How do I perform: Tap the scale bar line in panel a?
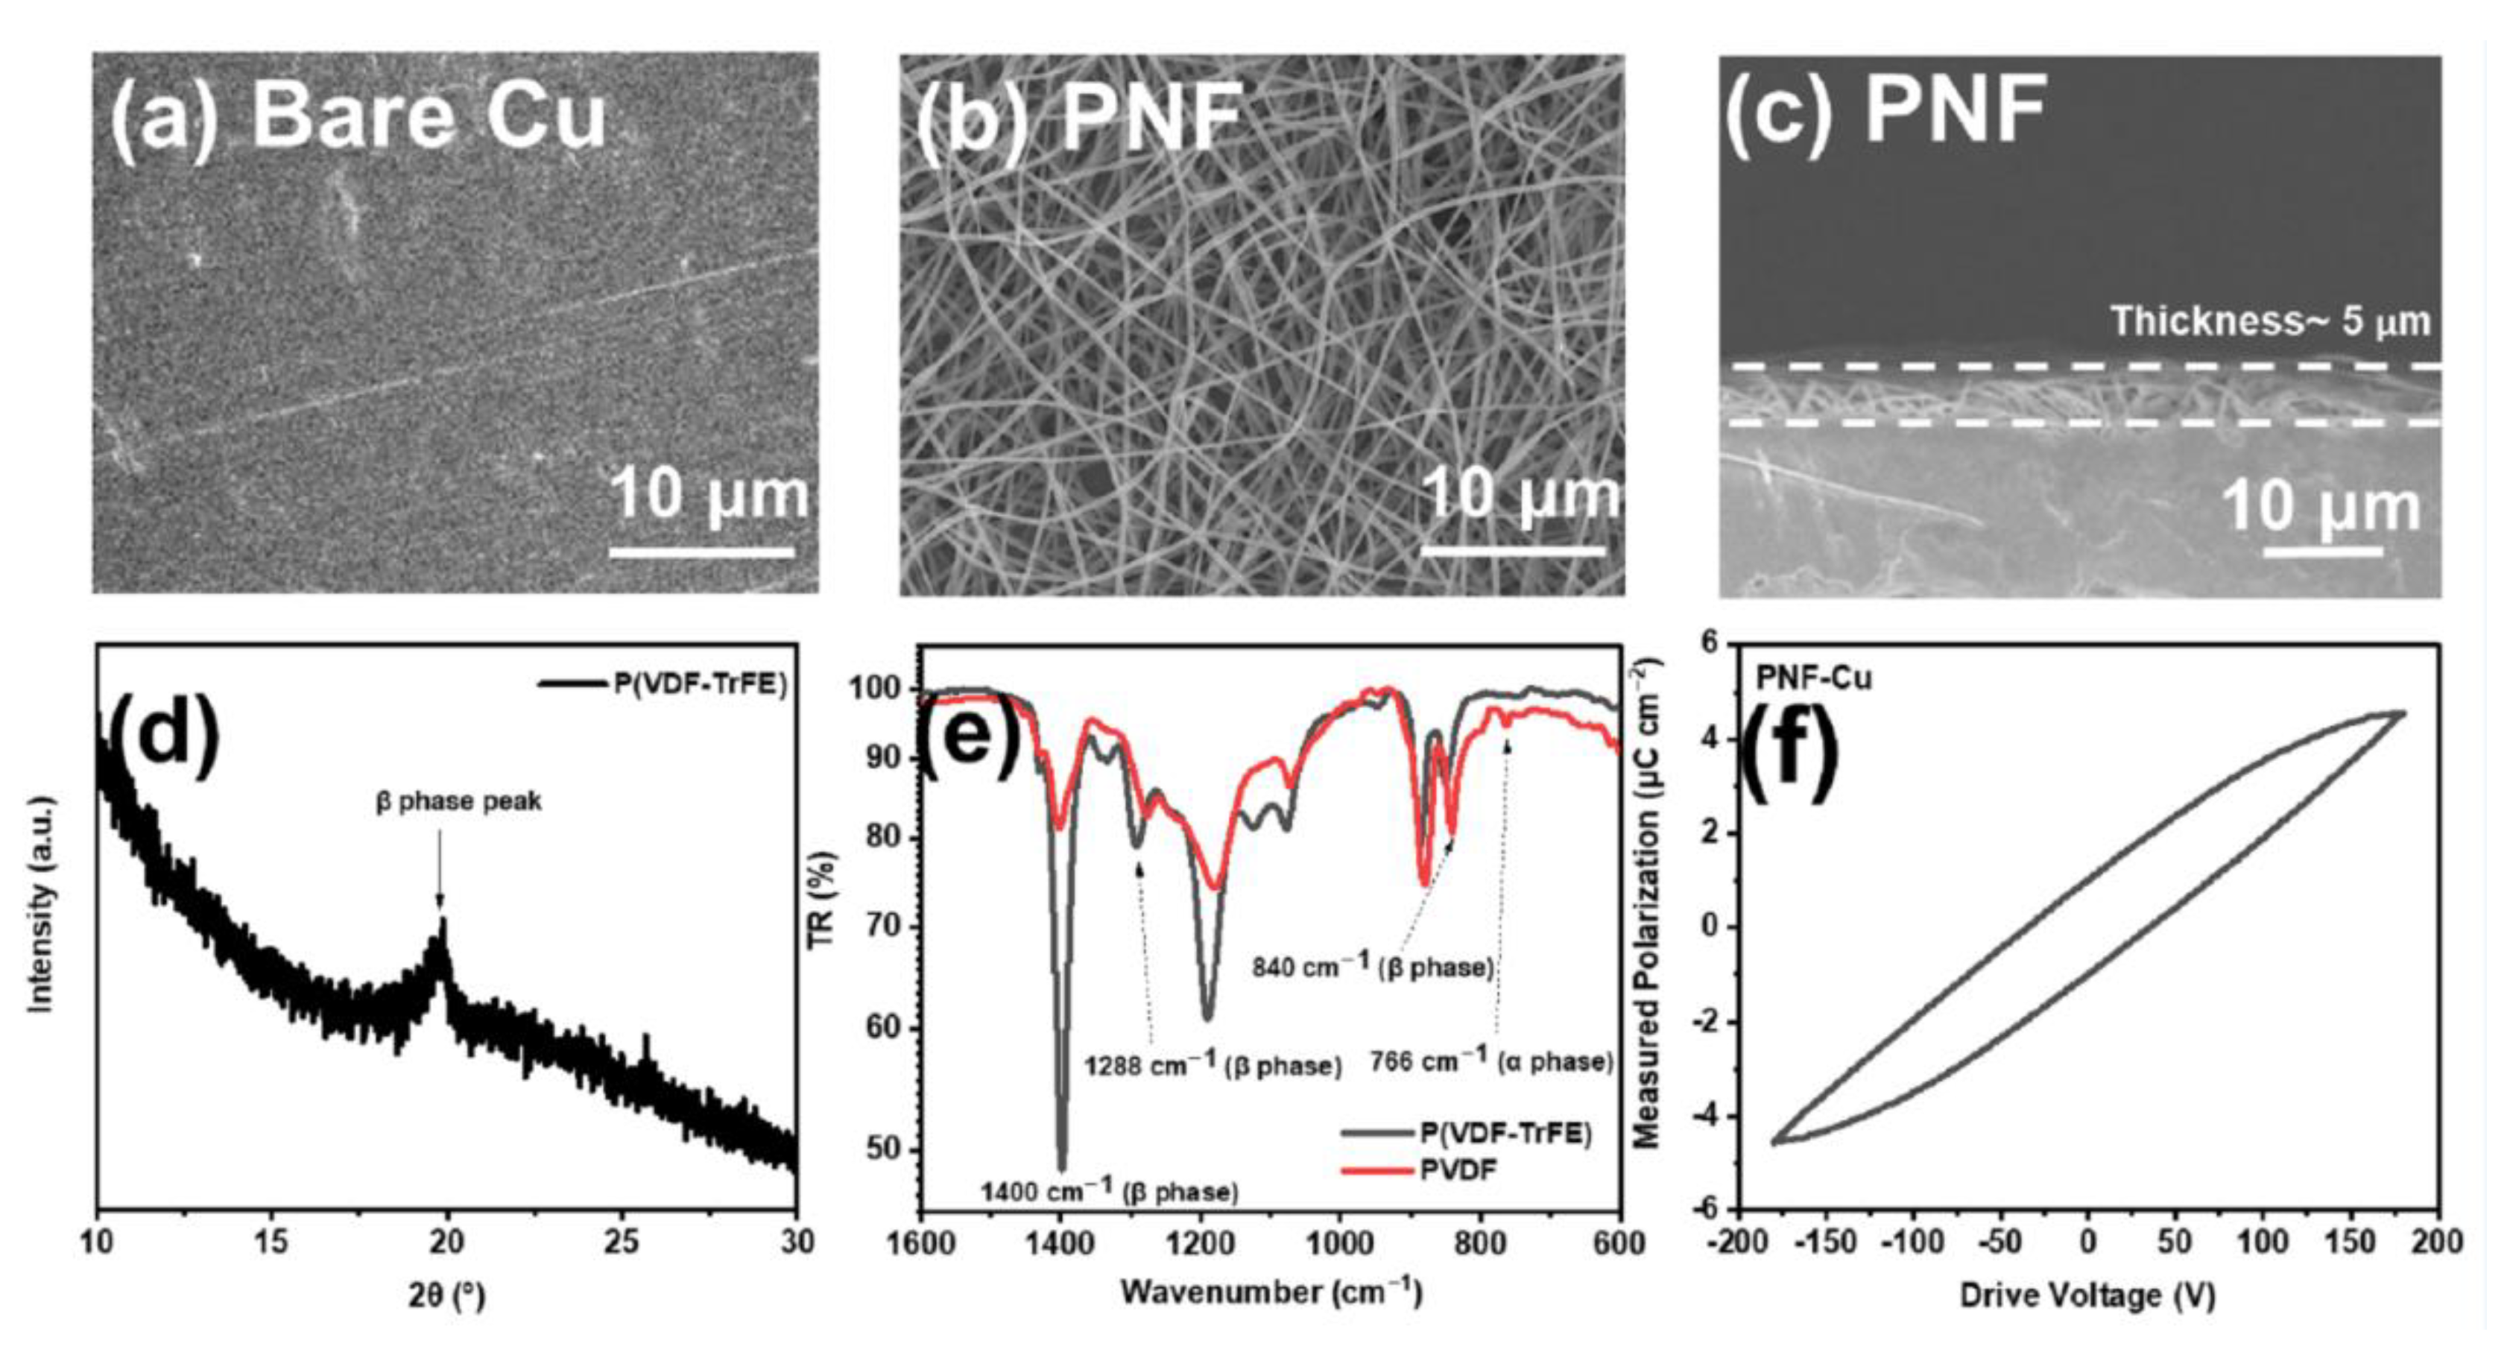coord(701,552)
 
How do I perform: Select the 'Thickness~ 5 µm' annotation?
coord(2270,321)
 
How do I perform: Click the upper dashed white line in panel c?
coord(2080,367)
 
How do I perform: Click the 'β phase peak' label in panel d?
coord(459,802)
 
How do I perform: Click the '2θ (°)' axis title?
coord(446,1295)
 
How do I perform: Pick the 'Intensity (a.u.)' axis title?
coord(41,904)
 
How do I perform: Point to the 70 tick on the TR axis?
coord(883,926)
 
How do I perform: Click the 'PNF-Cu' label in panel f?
coord(1813,677)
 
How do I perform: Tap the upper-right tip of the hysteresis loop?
coord(2403,713)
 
